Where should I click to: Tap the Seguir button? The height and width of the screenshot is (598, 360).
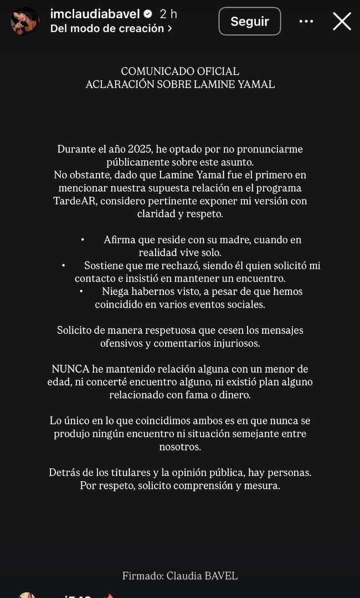[x=249, y=22]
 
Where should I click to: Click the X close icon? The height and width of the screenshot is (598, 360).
[x=342, y=22]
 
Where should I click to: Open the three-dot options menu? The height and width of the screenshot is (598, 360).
[x=306, y=22]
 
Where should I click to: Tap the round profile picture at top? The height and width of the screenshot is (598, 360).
[x=25, y=21]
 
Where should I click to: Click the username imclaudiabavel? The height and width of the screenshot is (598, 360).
[x=95, y=14]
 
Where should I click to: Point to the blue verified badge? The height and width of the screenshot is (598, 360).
[x=148, y=14]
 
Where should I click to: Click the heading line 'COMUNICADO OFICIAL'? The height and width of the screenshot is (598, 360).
[x=180, y=71]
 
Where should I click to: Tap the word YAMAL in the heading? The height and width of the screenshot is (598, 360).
[x=256, y=85]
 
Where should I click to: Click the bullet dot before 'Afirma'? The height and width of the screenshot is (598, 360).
[x=83, y=240]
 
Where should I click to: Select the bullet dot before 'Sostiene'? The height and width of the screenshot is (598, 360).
[x=64, y=265]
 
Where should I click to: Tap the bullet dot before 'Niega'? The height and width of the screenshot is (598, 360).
[x=81, y=291]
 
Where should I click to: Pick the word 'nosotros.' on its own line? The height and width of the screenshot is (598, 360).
[x=180, y=446]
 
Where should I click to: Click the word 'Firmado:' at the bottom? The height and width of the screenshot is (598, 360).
[x=142, y=576]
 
